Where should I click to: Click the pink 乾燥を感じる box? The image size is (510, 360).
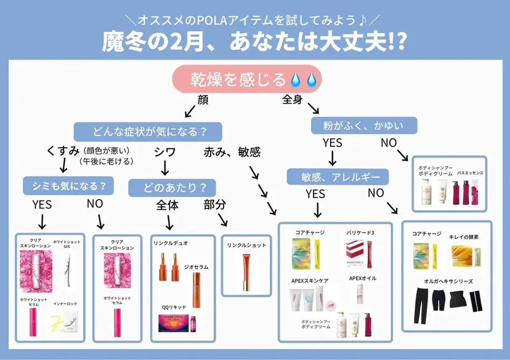coord(246,79)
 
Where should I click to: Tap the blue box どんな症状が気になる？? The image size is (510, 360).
coord(148,131)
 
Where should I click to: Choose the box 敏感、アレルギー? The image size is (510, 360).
coord(338,177)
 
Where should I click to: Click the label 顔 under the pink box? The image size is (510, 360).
coord(203,100)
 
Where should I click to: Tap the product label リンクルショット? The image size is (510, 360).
coord(246,245)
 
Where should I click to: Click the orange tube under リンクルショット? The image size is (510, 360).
coord(246,272)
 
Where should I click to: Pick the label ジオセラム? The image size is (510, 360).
coord(196,267)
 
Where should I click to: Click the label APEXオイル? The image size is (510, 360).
coord(362,278)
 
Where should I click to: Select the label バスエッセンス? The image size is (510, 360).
coord(470,174)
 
